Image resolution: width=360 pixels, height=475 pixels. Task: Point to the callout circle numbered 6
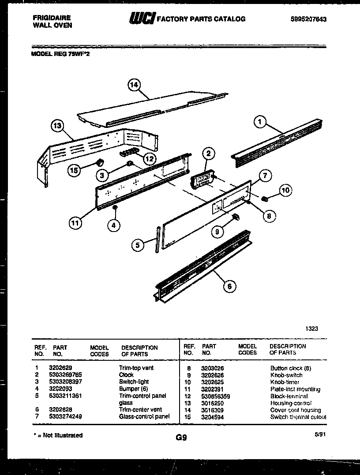(229, 286)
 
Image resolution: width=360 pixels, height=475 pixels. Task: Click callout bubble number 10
(285, 191)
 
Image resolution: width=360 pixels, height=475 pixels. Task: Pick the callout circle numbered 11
(75, 223)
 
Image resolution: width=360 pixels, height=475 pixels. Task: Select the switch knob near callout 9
(236, 216)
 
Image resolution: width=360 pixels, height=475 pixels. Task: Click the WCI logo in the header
(141, 19)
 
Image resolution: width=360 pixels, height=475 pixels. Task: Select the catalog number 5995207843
(308, 19)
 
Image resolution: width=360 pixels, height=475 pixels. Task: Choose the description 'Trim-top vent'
(136, 368)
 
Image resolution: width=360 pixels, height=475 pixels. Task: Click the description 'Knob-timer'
(285, 382)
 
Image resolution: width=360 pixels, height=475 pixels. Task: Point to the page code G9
(181, 438)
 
